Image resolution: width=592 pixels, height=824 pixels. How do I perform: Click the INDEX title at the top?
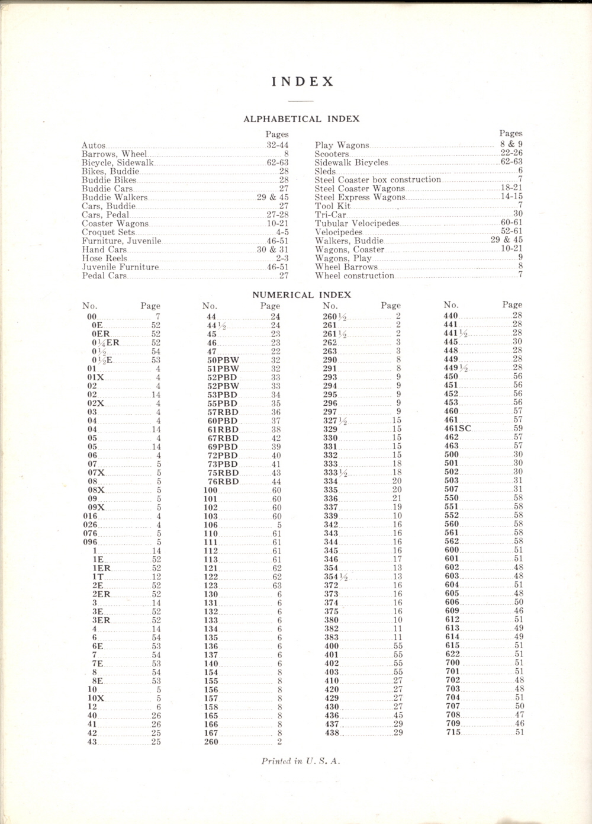coord(303,82)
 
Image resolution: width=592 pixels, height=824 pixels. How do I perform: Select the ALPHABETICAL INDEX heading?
coord(301,119)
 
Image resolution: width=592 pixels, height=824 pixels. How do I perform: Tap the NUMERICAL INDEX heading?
coord(301,294)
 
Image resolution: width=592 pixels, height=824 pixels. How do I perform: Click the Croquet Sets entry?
coord(108,232)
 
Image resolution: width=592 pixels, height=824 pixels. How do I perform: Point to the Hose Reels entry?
coord(104,258)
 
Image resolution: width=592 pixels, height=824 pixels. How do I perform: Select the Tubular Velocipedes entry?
coord(357,223)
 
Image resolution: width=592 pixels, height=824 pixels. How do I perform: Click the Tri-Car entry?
coord(330,214)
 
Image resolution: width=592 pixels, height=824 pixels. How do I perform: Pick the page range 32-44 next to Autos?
coord(277,145)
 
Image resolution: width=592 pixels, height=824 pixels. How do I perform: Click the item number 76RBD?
coord(223,482)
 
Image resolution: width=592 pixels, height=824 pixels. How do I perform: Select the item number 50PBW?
coord(223,360)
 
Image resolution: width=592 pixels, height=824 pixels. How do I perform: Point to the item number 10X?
coord(96,698)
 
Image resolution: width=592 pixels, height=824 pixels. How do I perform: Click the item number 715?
coord(452,732)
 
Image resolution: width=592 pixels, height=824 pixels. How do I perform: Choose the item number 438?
coord(332,733)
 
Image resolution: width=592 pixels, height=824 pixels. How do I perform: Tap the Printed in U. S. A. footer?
coord(301,761)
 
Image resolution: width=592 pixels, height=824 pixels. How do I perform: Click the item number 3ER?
coord(101,620)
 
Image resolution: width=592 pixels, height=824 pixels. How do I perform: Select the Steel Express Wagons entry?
coord(360,197)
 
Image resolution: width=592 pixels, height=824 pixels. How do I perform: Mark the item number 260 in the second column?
coord(211,742)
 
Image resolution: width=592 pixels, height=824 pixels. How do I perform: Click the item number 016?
coord(90,516)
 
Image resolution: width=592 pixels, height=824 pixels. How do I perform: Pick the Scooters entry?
coord(332,154)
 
